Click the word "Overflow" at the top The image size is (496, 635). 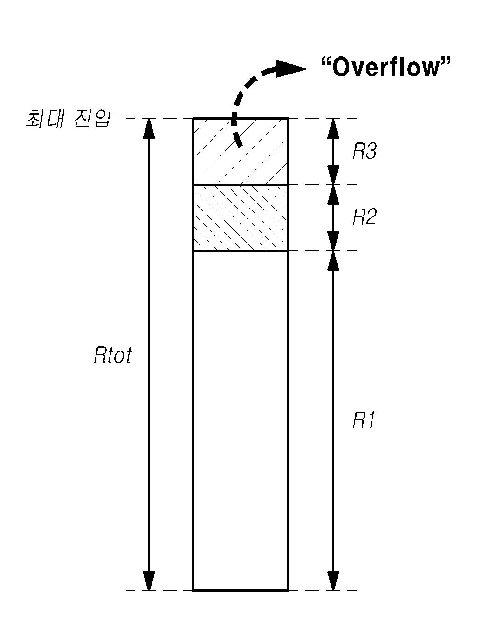click(386, 68)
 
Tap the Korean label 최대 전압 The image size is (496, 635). click(69, 119)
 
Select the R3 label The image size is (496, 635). click(364, 151)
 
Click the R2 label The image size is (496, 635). click(364, 217)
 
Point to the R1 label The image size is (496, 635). click(364, 420)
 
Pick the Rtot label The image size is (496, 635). click(113, 355)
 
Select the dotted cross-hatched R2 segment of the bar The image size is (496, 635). click(241, 218)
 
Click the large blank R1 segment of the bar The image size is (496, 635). click(241, 419)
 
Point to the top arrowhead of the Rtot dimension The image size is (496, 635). click(149, 128)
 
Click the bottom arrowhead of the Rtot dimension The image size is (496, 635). click(149, 581)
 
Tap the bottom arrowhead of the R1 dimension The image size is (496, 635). click(333, 581)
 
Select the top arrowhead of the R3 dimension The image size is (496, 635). click(333, 128)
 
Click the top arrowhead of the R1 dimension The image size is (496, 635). click(333, 261)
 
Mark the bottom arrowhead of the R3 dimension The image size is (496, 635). click(333, 176)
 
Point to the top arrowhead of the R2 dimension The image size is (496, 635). click(333, 195)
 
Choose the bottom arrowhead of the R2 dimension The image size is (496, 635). click(333, 242)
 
